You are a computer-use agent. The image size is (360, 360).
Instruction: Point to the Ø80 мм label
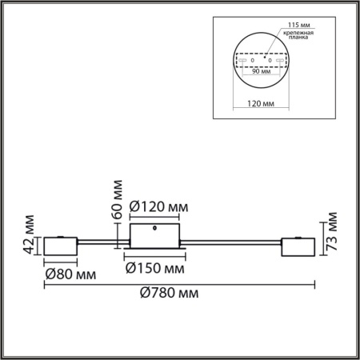pos(70,274)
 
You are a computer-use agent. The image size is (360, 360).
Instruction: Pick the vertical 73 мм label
pos(333,230)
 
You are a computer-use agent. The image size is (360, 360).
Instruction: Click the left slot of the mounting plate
pos(240,61)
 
